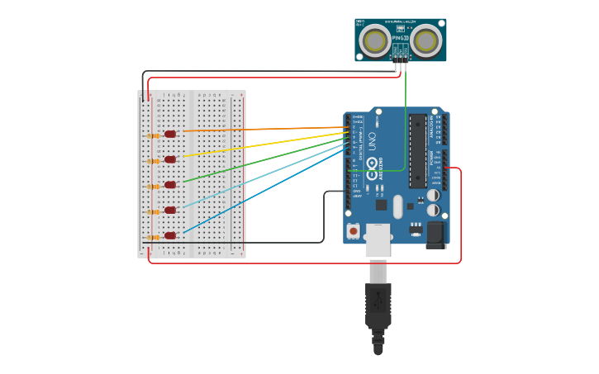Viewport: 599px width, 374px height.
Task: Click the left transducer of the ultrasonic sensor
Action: click(377, 40)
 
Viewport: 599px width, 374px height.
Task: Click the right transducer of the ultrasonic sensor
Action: click(426, 40)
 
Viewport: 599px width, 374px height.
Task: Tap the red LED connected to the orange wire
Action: click(170, 134)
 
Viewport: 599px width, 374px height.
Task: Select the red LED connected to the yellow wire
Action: click(170, 159)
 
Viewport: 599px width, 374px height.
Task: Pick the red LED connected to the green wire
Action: click(170, 185)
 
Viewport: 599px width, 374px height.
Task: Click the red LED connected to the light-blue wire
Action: click(170, 210)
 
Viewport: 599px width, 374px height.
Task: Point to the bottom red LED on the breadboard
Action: click(170, 235)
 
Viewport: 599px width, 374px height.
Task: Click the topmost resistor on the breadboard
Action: click(153, 135)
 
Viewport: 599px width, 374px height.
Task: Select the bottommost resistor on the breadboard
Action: click(153, 238)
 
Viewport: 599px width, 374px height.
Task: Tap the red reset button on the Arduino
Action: click(354, 232)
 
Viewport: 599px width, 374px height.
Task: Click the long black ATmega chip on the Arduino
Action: click(418, 151)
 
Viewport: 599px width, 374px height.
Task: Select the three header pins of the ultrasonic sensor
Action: click(401, 58)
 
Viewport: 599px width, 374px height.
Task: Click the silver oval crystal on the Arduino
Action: click(398, 206)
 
